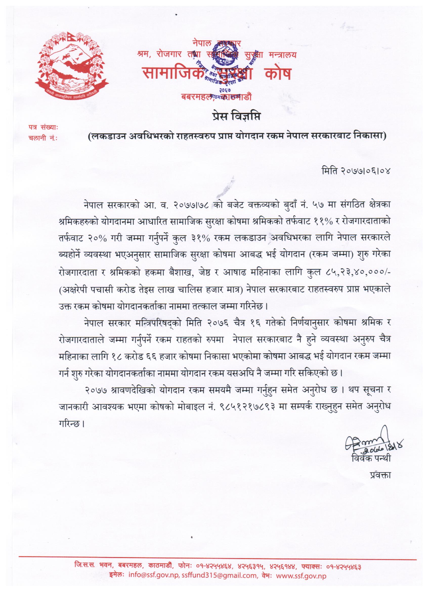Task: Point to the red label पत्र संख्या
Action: tap(43, 128)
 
